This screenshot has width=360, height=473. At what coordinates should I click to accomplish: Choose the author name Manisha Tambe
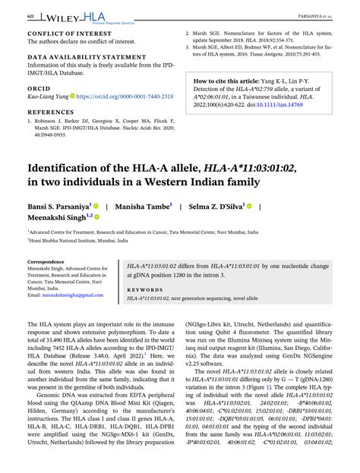pyautogui.click(x=144, y=206)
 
